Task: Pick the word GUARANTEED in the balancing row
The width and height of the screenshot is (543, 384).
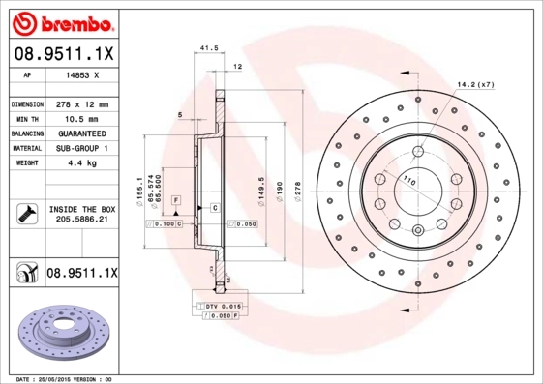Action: [83, 133]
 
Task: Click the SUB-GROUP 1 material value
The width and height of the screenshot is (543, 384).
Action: [83, 148]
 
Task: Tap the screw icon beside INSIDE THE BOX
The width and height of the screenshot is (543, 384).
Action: [25, 213]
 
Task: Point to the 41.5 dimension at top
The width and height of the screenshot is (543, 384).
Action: [206, 47]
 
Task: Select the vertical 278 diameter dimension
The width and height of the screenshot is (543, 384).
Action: [298, 186]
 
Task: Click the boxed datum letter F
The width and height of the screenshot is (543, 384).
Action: [176, 199]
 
